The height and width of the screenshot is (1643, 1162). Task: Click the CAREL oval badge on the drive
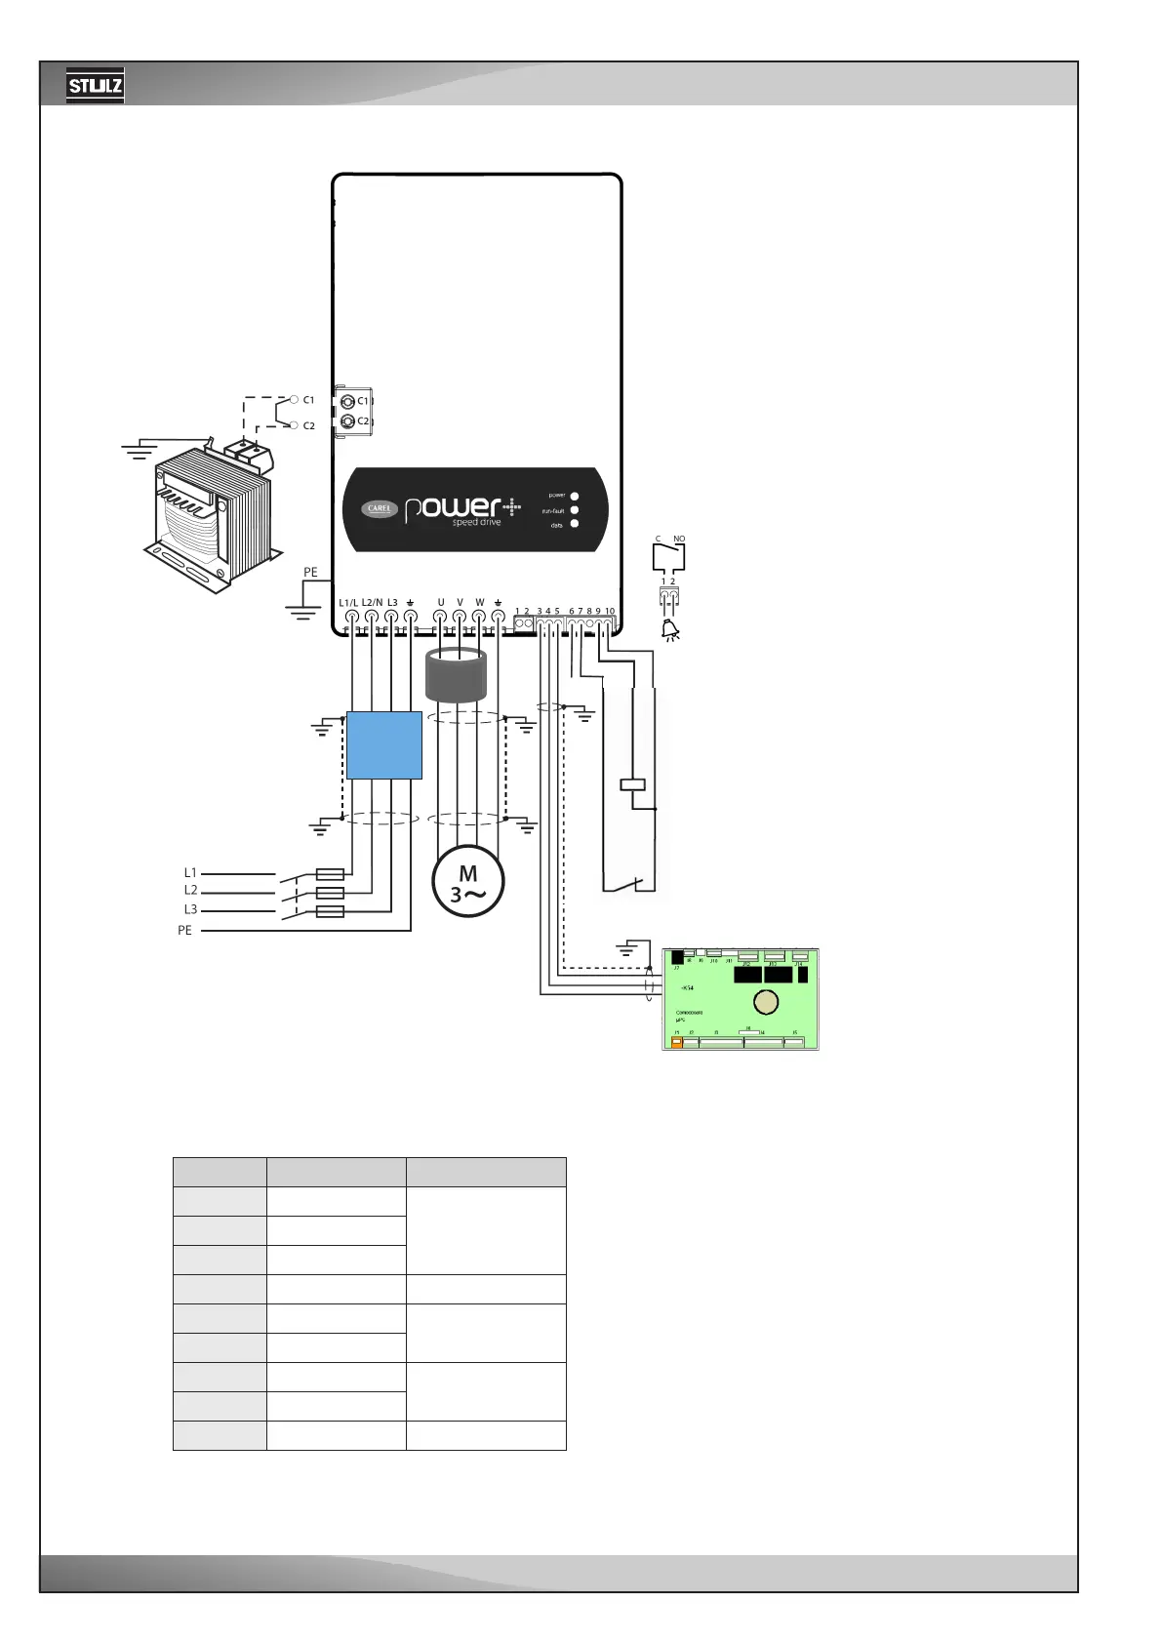tap(380, 508)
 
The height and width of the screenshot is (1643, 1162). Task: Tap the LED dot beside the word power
tap(575, 496)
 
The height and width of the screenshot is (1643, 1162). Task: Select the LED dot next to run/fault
tap(575, 510)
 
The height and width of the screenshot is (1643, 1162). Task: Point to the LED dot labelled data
tap(575, 524)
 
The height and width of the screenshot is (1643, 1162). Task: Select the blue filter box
tap(384, 745)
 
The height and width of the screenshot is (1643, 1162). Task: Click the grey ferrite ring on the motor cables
tap(456, 675)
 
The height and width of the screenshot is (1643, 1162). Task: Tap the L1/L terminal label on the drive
tap(348, 603)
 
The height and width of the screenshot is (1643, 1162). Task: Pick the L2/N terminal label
tap(372, 603)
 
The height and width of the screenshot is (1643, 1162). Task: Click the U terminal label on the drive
tap(440, 603)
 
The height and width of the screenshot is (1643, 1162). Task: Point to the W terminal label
tap(479, 603)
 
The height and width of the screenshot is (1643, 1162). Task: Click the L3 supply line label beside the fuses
tap(190, 910)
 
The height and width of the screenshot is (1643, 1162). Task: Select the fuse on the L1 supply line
tap(331, 874)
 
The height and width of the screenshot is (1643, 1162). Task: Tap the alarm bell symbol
tap(670, 631)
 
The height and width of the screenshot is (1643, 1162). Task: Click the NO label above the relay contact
tap(679, 540)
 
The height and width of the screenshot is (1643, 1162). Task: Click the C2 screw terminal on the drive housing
tap(348, 421)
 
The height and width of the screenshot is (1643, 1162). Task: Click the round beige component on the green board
tap(766, 1002)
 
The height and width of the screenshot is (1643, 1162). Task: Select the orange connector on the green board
tap(677, 1043)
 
